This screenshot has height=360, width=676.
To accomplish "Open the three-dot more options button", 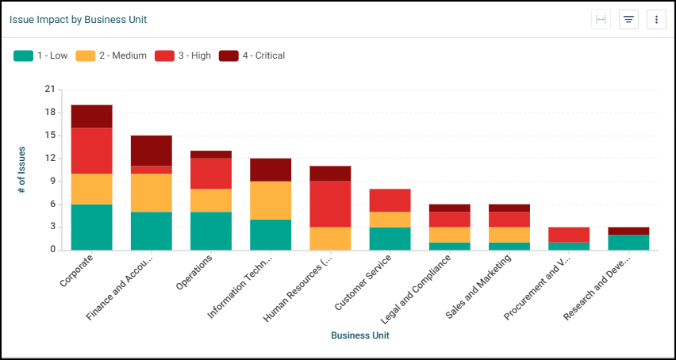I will pyautogui.click(x=655, y=20).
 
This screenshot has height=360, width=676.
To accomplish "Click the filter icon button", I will pyautogui.click(x=628, y=20).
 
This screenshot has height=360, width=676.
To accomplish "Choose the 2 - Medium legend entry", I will pyautogui.click(x=112, y=56).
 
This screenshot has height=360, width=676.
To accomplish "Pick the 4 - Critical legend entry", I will pyautogui.click(x=252, y=56).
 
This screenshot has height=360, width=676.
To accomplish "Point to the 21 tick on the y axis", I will pyautogui.click(x=50, y=90).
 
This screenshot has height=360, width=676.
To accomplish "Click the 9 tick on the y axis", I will pyautogui.click(x=52, y=182).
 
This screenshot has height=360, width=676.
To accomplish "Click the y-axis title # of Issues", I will pyautogui.click(x=22, y=170).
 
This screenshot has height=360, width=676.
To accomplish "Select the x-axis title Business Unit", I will pyautogui.click(x=360, y=335).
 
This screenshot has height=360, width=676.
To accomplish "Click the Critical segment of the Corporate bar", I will pyautogui.click(x=91, y=116).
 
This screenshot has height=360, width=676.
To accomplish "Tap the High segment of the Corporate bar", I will pyautogui.click(x=91, y=151).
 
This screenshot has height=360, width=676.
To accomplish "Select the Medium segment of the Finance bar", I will pyautogui.click(x=151, y=193).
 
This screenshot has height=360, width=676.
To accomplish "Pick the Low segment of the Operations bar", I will pyautogui.click(x=211, y=231).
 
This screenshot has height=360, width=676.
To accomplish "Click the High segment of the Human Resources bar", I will pyautogui.click(x=330, y=204).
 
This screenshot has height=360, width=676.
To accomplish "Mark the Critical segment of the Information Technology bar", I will pyautogui.click(x=271, y=170).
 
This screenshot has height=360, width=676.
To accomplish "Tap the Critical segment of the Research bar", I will pyautogui.click(x=628, y=231).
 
